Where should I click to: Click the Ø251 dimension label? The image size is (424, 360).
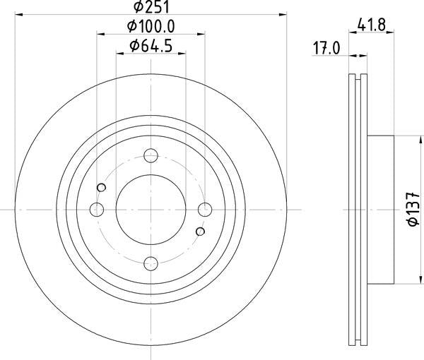[151, 7]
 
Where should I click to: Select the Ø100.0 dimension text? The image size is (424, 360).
[151, 26]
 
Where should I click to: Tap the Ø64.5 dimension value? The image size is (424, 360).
[151, 46]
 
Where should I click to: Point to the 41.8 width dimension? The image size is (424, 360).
[371, 25]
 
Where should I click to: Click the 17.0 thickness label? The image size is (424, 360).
[326, 48]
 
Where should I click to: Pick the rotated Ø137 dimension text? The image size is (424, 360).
[413, 210]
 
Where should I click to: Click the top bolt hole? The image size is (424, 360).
[151, 155]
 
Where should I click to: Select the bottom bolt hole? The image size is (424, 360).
[151, 263]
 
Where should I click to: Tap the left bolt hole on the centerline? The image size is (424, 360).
[97, 210]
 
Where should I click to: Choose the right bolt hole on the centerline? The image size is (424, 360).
[205, 210]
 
